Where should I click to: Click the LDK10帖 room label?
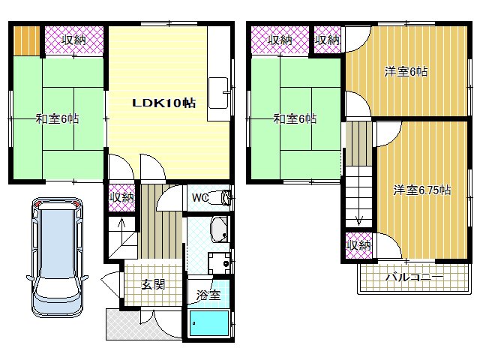tap(163, 103)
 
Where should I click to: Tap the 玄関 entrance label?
tap(153, 284)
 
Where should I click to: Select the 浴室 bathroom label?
tap(208, 295)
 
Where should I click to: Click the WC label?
tap(200, 198)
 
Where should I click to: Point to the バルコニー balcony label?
tap(414, 277)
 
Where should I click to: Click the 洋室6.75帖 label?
tap(421, 190)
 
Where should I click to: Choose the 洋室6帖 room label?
tap(406, 72)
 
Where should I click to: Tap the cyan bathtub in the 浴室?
tap(209, 323)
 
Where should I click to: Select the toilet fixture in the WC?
tap(220, 198)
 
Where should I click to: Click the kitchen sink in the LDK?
tap(218, 93)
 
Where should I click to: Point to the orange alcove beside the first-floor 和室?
tap(27, 41)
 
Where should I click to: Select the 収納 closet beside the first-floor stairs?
tap(121, 198)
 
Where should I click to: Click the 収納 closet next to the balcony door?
tap(358, 245)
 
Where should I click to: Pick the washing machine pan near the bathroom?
tap(219, 263)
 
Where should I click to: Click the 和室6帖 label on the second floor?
tap(295, 118)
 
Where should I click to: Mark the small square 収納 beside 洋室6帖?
tap(327, 40)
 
